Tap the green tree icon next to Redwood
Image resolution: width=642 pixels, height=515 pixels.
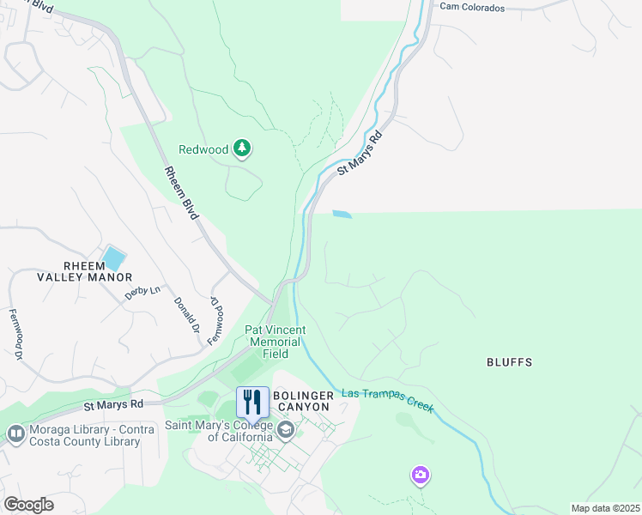243,149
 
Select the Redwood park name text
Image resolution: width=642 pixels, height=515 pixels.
203,149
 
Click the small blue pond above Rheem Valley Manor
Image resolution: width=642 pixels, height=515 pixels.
112,257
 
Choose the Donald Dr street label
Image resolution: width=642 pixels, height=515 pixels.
185,316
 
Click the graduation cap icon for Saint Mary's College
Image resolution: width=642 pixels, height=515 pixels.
285,428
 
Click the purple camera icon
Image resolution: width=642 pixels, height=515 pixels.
420,475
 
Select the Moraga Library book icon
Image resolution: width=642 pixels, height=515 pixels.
15,434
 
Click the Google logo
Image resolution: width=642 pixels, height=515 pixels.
28,505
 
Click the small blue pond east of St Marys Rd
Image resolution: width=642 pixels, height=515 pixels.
341,214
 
